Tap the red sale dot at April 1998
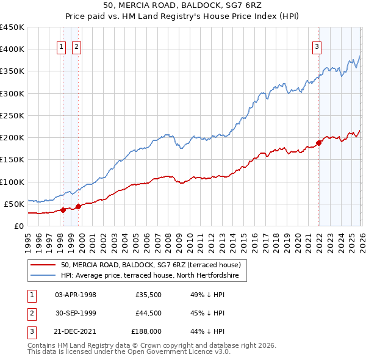pyautogui.click(x=63, y=210)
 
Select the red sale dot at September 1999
pyautogui.click(x=78, y=206)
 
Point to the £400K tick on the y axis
pyautogui.click(x=12, y=49)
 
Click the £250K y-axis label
pyautogui.click(x=12, y=115)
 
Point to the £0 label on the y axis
pyautogui.click(x=18, y=226)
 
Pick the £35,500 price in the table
pyautogui.click(x=148, y=295)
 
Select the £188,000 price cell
pyautogui.click(x=146, y=333)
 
